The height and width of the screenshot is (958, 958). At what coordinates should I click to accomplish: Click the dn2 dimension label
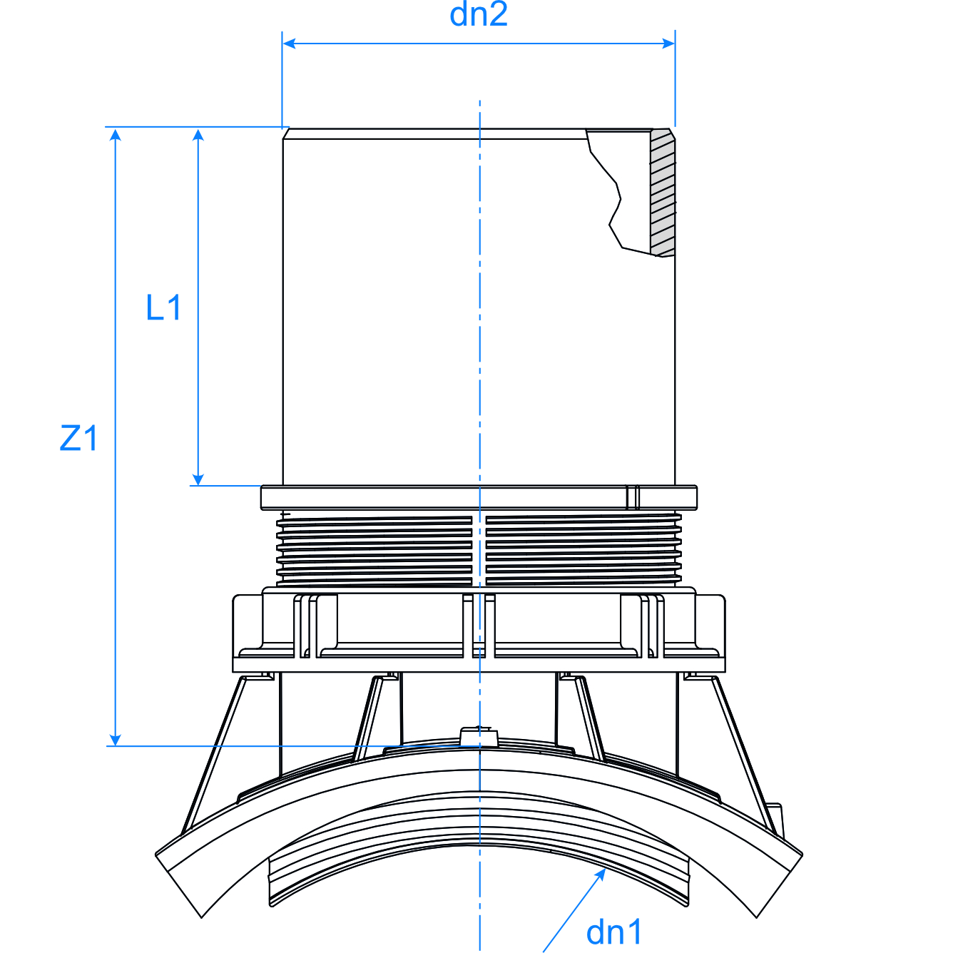coord(479,15)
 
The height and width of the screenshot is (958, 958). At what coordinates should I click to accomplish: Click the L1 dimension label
coord(163,308)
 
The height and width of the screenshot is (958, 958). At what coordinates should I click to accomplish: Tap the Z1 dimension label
coord(78,438)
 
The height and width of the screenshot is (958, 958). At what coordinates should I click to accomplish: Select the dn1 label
coord(614,932)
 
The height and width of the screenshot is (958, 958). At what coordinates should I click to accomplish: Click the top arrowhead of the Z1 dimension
coord(116,135)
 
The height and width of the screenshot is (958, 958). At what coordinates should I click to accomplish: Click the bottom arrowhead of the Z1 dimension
coord(116,739)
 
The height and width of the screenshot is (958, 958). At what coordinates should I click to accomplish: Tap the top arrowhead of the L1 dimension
coord(198,135)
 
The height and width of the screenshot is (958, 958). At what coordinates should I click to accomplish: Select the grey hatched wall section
coord(663,193)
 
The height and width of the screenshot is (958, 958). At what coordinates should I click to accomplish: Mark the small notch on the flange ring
coord(633,497)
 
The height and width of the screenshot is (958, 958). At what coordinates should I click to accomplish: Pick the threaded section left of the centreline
coord(374,549)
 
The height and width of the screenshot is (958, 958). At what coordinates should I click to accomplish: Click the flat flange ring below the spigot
coord(442,497)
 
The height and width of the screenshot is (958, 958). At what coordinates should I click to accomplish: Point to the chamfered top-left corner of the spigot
coord(286,133)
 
